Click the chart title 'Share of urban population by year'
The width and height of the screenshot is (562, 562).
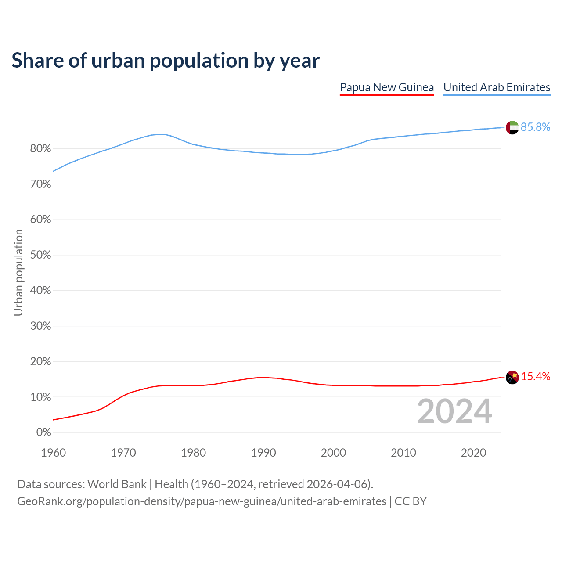[166, 61]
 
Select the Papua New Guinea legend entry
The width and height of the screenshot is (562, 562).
[387, 87]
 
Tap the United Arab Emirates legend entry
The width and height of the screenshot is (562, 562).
[497, 87]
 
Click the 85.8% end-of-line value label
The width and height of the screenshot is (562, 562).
[535, 127]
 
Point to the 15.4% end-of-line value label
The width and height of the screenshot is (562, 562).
[535, 377]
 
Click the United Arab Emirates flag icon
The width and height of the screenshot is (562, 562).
[512, 127]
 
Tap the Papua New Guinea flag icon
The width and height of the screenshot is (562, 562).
[512, 377]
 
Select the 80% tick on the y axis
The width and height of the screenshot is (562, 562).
[41, 149]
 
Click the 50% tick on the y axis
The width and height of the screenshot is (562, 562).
[41, 255]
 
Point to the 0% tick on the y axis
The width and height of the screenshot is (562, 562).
[43, 432]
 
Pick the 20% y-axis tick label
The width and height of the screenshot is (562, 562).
[41, 362]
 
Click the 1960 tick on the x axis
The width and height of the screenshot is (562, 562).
[53, 453]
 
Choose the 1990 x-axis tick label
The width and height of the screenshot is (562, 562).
[263, 453]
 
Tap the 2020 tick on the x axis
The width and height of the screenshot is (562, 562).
[473, 453]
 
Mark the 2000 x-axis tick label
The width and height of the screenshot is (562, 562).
[333, 453]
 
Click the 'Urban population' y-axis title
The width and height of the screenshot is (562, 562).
[18, 272]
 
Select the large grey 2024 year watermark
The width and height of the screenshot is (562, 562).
[454, 411]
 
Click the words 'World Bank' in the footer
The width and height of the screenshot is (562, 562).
[117, 484]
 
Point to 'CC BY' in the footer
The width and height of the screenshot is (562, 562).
[411, 501]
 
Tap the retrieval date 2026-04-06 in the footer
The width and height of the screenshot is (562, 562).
[337, 484]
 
